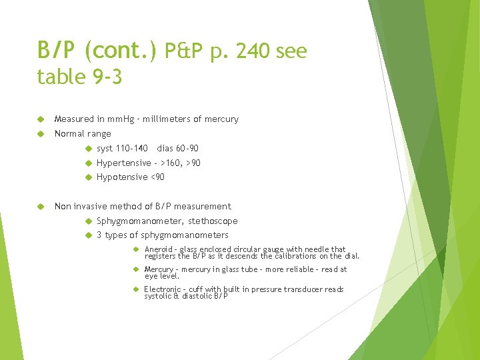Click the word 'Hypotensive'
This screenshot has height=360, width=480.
122,177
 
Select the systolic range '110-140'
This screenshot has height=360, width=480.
132,149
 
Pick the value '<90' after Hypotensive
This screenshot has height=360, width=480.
157,177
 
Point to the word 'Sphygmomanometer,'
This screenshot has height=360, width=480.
140,221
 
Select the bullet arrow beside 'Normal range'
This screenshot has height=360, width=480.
41,134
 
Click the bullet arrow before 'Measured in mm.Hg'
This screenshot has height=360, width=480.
41,119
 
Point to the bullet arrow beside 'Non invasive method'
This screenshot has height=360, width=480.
41,207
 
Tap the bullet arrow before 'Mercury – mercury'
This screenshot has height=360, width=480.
135,269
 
